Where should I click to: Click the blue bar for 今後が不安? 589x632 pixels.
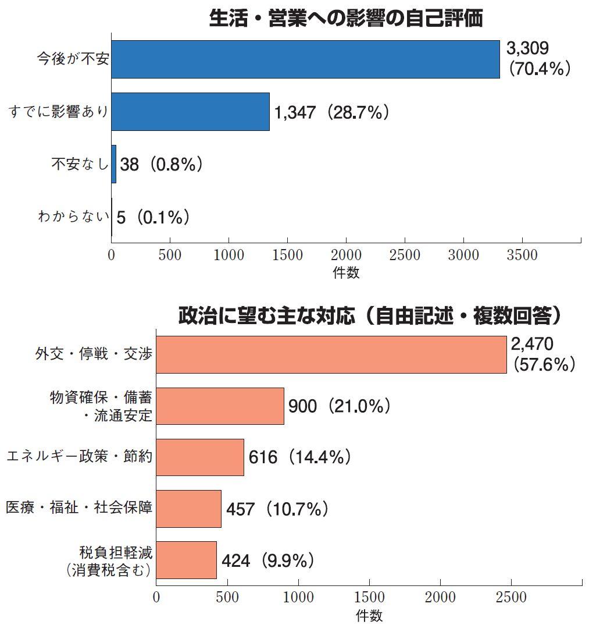(305, 59)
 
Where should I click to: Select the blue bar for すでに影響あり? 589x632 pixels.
(190, 112)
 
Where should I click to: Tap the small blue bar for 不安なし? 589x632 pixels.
(114, 165)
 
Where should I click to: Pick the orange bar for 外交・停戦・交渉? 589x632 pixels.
(331, 354)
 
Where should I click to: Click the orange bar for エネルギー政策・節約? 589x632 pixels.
(200, 457)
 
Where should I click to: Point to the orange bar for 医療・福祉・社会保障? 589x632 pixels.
(188, 509)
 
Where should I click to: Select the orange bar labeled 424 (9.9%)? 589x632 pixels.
(186, 560)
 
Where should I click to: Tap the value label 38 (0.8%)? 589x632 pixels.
(161, 165)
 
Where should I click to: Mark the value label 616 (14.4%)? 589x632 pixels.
(299, 457)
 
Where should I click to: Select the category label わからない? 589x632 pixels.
(73, 218)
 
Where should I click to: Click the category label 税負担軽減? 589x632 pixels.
(116, 552)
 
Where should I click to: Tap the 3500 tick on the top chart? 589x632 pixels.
(522, 255)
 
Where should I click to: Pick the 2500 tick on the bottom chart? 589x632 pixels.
(511, 598)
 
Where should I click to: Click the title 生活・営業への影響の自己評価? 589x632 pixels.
(346, 19)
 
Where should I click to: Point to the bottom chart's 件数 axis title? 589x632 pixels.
(369, 615)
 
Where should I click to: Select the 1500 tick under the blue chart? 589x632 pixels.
(287, 255)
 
